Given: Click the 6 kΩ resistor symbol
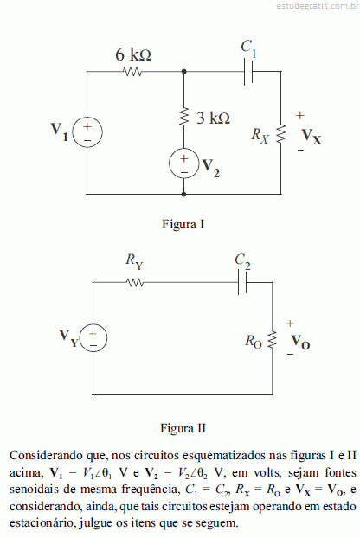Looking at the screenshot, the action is (132, 72).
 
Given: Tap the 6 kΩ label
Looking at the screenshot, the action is (133, 54).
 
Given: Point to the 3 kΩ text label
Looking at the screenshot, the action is (213, 118).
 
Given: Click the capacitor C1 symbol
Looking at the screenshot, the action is (248, 72).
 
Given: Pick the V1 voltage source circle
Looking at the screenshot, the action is (87, 132).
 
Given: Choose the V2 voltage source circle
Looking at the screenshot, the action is (184, 163).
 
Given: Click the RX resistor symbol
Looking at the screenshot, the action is (281, 133).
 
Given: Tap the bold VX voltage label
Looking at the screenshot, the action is (312, 137).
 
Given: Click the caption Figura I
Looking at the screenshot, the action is (183, 224).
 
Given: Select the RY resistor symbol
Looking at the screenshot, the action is (135, 282).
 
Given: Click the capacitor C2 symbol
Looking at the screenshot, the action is (242, 282).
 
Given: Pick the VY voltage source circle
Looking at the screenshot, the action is (93, 338).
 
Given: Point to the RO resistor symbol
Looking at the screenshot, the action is (273, 340).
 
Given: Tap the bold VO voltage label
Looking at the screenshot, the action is (300, 342).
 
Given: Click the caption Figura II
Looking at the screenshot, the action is (183, 428).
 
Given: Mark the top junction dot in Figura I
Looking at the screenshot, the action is (184, 72).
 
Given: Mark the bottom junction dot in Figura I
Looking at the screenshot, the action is (184, 195).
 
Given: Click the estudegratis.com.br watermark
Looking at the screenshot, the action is (318, 6).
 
